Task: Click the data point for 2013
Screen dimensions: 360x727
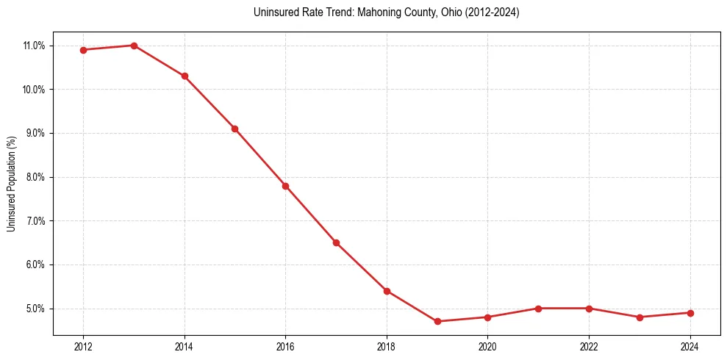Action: (134, 46)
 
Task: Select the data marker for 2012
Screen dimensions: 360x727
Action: (83, 50)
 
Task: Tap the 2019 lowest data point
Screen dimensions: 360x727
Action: (437, 321)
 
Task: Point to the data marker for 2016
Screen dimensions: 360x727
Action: (285, 186)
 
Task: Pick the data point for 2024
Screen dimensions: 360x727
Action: (690, 313)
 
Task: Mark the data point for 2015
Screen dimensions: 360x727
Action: (234, 129)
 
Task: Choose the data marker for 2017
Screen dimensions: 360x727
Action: (336, 242)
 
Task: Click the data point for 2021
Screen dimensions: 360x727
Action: (538, 309)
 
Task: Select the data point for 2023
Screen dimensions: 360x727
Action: (640, 317)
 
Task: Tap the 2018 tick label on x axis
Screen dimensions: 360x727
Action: (387, 346)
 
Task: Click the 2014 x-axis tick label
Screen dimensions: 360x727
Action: (185, 346)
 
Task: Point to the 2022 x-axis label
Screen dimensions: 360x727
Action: (589, 346)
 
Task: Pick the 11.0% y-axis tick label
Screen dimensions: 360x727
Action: (34, 46)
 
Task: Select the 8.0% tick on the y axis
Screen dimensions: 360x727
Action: (35, 177)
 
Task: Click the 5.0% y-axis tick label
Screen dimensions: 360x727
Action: (35, 309)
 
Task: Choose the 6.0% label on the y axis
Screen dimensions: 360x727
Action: (35, 264)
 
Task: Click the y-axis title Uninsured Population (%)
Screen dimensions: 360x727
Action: (12, 184)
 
